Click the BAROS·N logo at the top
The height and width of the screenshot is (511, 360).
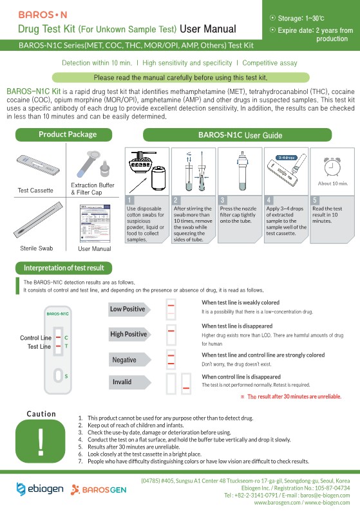(x=43, y=15)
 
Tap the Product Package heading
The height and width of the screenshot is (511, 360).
(x=64, y=135)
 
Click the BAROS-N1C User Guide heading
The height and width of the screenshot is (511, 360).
(x=238, y=135)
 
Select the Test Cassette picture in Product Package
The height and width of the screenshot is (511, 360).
(x=38, y=165)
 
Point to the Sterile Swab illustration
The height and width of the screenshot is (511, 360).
(x=38, y=220)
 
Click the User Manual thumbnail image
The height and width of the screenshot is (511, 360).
(x=95, y=223)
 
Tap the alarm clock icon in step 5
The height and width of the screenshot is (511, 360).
(x=332, y=166)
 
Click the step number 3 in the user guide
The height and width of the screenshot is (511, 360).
(x=223, y=200)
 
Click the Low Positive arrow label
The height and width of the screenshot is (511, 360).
(x=129, y=310)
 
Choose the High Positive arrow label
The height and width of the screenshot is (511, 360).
(x=129, y=334)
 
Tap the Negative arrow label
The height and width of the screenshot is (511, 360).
(x=129, y=360)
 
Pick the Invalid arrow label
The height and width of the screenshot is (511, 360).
(x=129, y=382)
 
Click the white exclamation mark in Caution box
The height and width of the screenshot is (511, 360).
(x=41, y=441)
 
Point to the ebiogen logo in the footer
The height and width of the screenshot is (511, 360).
(x=40, y=489)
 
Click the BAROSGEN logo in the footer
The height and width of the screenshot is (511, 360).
(x=99, y=490)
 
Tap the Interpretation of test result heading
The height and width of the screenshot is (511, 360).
(x=64, y=268)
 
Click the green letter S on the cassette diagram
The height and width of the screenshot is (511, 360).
(x=66, y=376)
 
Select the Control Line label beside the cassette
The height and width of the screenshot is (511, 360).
(x=35, y=338)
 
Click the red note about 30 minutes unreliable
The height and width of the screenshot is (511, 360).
(x=291, y=396)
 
